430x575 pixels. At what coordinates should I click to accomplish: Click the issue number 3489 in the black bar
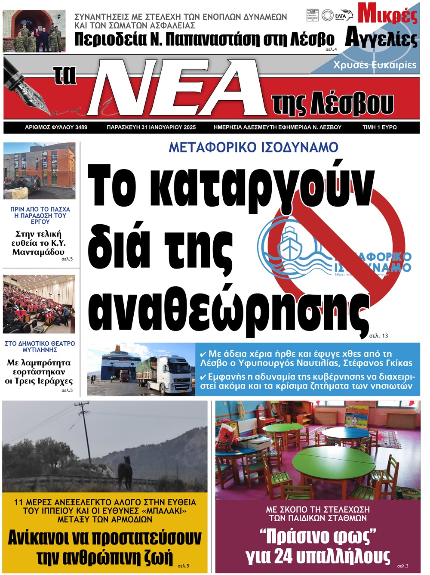81,127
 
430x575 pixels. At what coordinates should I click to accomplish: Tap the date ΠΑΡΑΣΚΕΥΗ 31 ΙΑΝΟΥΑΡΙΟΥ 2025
151,127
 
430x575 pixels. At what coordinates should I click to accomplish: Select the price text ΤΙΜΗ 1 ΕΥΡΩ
379,127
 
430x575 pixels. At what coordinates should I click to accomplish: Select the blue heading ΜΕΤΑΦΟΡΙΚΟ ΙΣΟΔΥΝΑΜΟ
253,148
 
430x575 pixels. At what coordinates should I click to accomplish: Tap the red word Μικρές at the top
387,14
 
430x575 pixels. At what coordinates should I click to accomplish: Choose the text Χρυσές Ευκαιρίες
375,65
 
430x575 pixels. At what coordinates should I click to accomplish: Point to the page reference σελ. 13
378,335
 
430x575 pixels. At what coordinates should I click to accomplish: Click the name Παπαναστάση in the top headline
205,39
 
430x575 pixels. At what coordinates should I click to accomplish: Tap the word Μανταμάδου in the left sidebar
38,252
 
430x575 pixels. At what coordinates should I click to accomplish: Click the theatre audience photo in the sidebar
39,304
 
